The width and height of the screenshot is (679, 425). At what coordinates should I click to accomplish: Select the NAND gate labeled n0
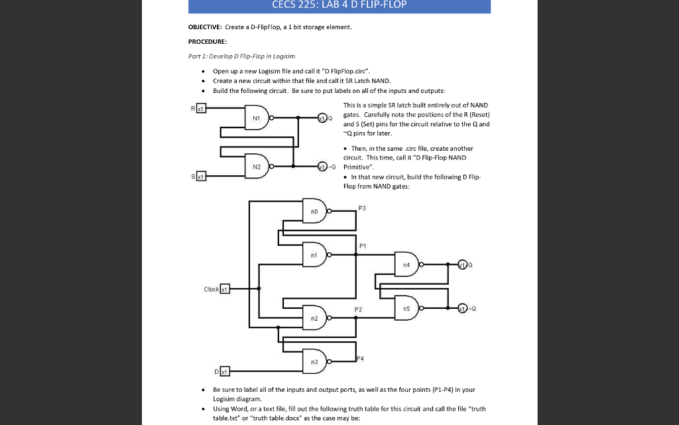[314, 211]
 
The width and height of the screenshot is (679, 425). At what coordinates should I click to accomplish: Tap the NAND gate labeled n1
[314, 254]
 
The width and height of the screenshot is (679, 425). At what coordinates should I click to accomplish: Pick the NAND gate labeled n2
[314, 318]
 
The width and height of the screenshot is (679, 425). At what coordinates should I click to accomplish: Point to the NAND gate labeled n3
[314, 361]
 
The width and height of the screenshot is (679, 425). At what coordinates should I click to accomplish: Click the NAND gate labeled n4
[406, 264]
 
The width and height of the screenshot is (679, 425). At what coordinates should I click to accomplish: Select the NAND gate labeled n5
[406, 307]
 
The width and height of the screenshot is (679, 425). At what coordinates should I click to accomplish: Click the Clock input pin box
[225, 289]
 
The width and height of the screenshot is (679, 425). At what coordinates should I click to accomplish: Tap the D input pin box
[225, 370]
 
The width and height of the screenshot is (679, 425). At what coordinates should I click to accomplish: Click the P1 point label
[362, 245]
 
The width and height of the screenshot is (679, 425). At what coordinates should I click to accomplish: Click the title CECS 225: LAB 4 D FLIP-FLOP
[339, 5]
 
